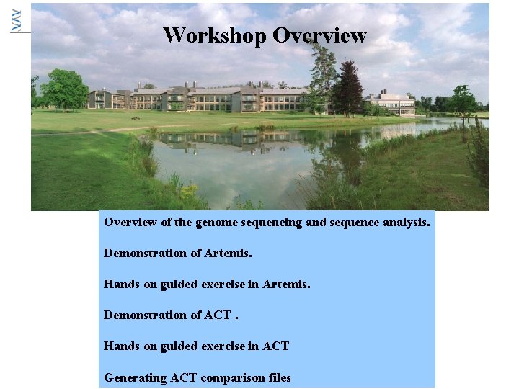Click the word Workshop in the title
215,35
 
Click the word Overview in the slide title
319,35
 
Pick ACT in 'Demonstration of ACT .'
218,316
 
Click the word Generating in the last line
136,377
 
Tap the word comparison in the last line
232,377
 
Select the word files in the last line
278,377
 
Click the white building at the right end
393,104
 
